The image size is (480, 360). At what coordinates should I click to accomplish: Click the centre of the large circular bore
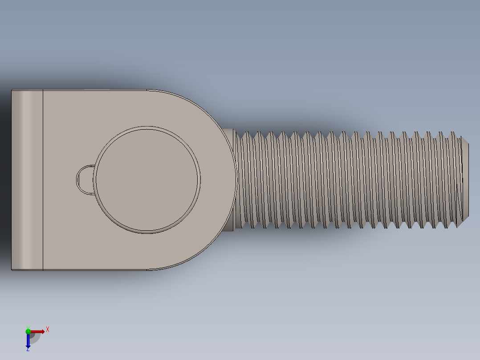coord(146,180)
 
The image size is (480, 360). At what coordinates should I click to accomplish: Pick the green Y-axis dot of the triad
coord(28,331)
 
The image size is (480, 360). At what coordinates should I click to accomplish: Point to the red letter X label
coord(48,330)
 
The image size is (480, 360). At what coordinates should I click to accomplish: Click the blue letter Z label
coord(28,349)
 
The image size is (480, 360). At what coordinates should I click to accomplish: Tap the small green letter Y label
coord(28,328)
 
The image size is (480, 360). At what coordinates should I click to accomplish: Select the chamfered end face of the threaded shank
coord(465,180)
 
